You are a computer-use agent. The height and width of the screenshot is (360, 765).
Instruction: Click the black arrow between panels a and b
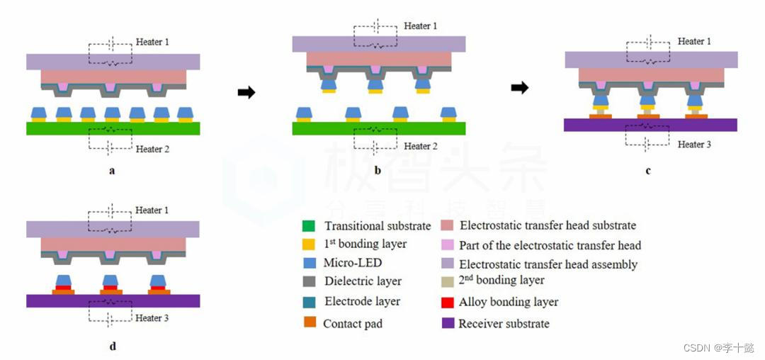coord(246,93)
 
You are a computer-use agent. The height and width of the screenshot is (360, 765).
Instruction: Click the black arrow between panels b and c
coord(520,88)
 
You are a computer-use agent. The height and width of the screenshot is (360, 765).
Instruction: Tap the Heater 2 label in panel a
coord(153,149)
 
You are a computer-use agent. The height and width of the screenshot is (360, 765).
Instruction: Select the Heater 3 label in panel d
coord(153,318)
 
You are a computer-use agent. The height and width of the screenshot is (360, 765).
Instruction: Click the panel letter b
coord(378,171)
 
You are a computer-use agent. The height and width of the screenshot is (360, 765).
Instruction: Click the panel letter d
coord(113,347)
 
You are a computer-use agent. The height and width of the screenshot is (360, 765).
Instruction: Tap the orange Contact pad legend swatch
coord(309,322)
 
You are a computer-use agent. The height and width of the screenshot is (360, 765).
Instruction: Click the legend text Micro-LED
coord(349,263)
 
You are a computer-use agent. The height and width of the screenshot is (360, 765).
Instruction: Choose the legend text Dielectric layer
coord(363,281)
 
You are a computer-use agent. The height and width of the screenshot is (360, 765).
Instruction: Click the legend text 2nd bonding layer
coord(501,280)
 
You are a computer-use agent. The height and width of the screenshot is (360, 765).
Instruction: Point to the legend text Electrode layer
coord(362,301)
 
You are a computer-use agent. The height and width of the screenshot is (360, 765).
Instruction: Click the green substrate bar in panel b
coord(378,128)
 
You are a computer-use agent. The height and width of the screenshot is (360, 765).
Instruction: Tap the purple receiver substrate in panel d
coord(113,300)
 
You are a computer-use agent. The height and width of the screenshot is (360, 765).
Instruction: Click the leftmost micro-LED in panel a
coord(39,113)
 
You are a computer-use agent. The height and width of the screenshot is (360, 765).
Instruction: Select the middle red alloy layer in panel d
coord(112,288)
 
